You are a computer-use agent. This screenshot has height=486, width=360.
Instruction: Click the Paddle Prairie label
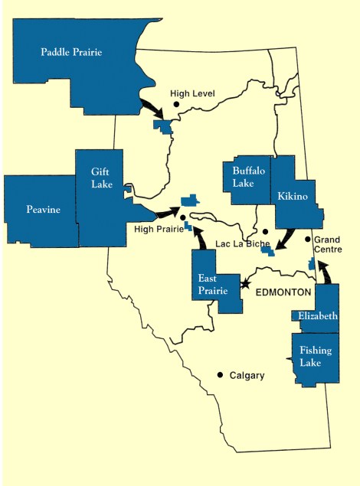pos(71,53)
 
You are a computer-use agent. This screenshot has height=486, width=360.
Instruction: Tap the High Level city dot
pos(175,103)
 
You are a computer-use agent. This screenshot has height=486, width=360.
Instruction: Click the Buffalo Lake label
pos(248,178)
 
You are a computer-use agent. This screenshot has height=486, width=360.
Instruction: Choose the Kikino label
pos(293,197)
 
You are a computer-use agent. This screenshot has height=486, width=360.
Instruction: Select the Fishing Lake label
pos(316,355)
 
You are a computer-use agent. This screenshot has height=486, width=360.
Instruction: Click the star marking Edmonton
pos(245,284)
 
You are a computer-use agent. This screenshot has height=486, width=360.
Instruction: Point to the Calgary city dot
pos(220,374)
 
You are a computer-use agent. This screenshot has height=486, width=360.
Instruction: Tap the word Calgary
pos(247,375)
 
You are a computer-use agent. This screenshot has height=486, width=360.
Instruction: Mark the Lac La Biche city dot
pos(265,231)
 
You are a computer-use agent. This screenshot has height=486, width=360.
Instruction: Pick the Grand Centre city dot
pos(308,239)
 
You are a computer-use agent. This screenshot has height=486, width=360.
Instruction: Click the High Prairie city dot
pos(183,218)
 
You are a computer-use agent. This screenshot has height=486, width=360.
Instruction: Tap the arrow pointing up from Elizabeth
pos(325,272)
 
